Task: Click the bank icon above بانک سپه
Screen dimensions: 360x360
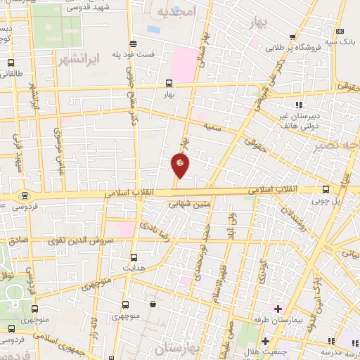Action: [x=340, y=31]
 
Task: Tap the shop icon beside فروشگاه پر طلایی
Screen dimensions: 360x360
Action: [x=292, y=37]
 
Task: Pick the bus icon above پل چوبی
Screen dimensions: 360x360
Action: [x=326, y=188]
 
